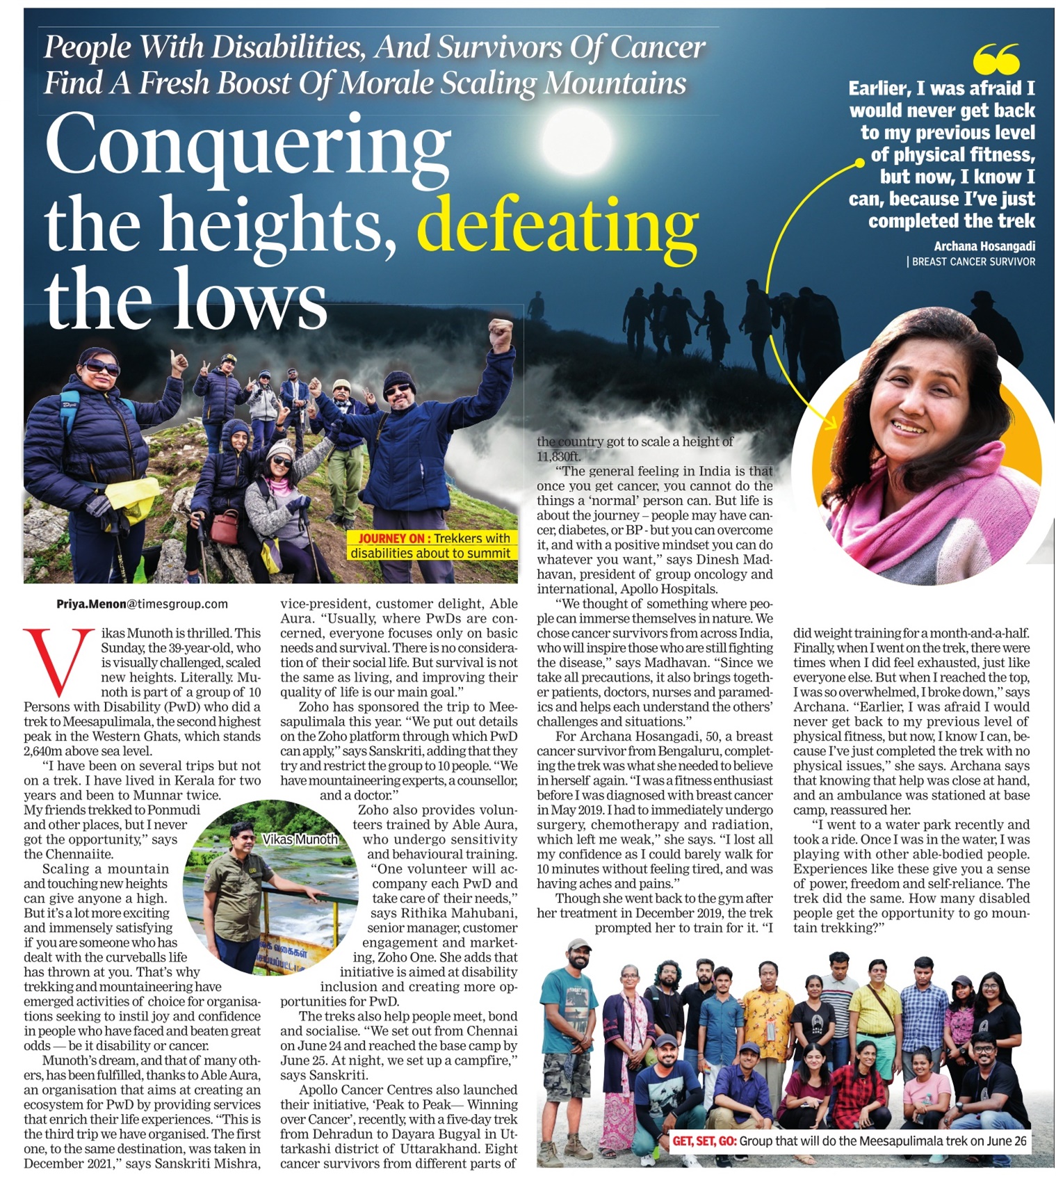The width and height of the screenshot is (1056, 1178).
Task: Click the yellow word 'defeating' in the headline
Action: [558, 225]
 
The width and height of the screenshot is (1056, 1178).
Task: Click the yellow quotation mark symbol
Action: [996, 59]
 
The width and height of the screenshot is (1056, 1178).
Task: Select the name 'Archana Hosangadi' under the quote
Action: [984, 246]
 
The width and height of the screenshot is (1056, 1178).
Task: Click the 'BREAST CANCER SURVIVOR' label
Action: [973, 262]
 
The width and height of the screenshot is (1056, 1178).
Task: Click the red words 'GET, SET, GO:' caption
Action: [704, 1141]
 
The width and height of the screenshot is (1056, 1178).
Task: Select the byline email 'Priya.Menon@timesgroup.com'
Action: [142, 604]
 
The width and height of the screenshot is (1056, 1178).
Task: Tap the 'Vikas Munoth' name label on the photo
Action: [300, 839]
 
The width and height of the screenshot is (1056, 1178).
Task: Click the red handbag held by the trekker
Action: [225, 527]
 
